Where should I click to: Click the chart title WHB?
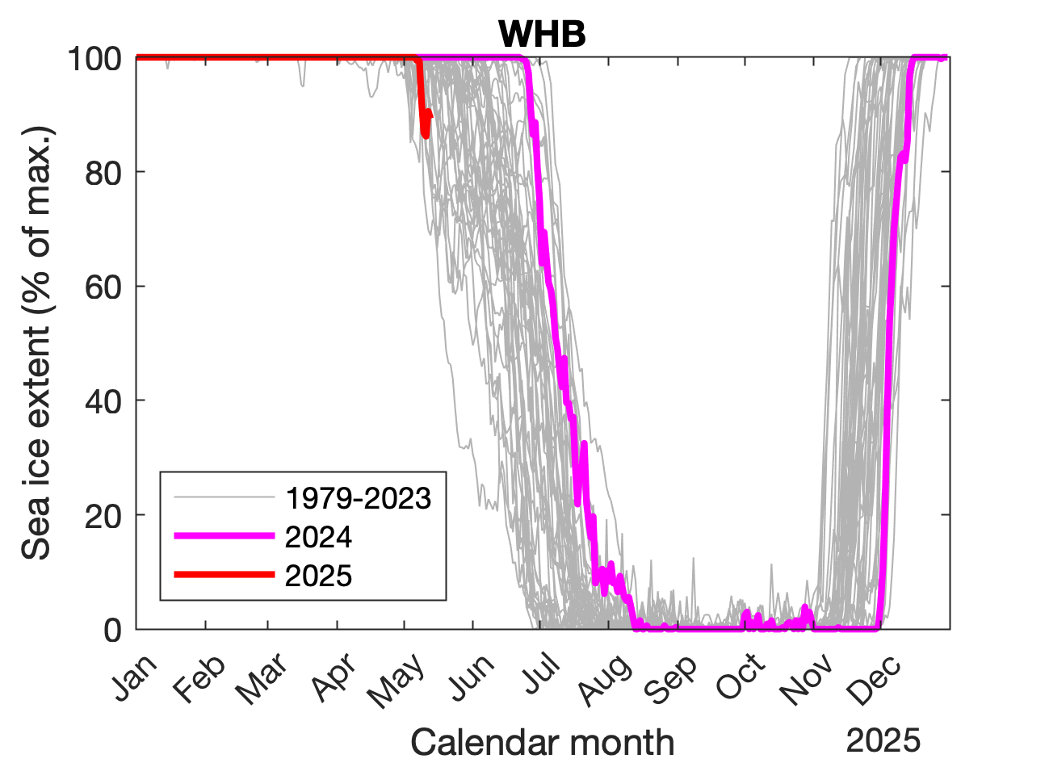pyautogui.click(x=541, y=34)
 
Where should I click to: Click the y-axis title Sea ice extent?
pyautogui.click(x=37, y=343)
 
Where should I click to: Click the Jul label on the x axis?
pyautogui.click(x=539, y=673)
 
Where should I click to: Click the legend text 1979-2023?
pyautogui.click(x=359, y=498)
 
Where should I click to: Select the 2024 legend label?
pyautogui.click(x=318, y=536)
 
